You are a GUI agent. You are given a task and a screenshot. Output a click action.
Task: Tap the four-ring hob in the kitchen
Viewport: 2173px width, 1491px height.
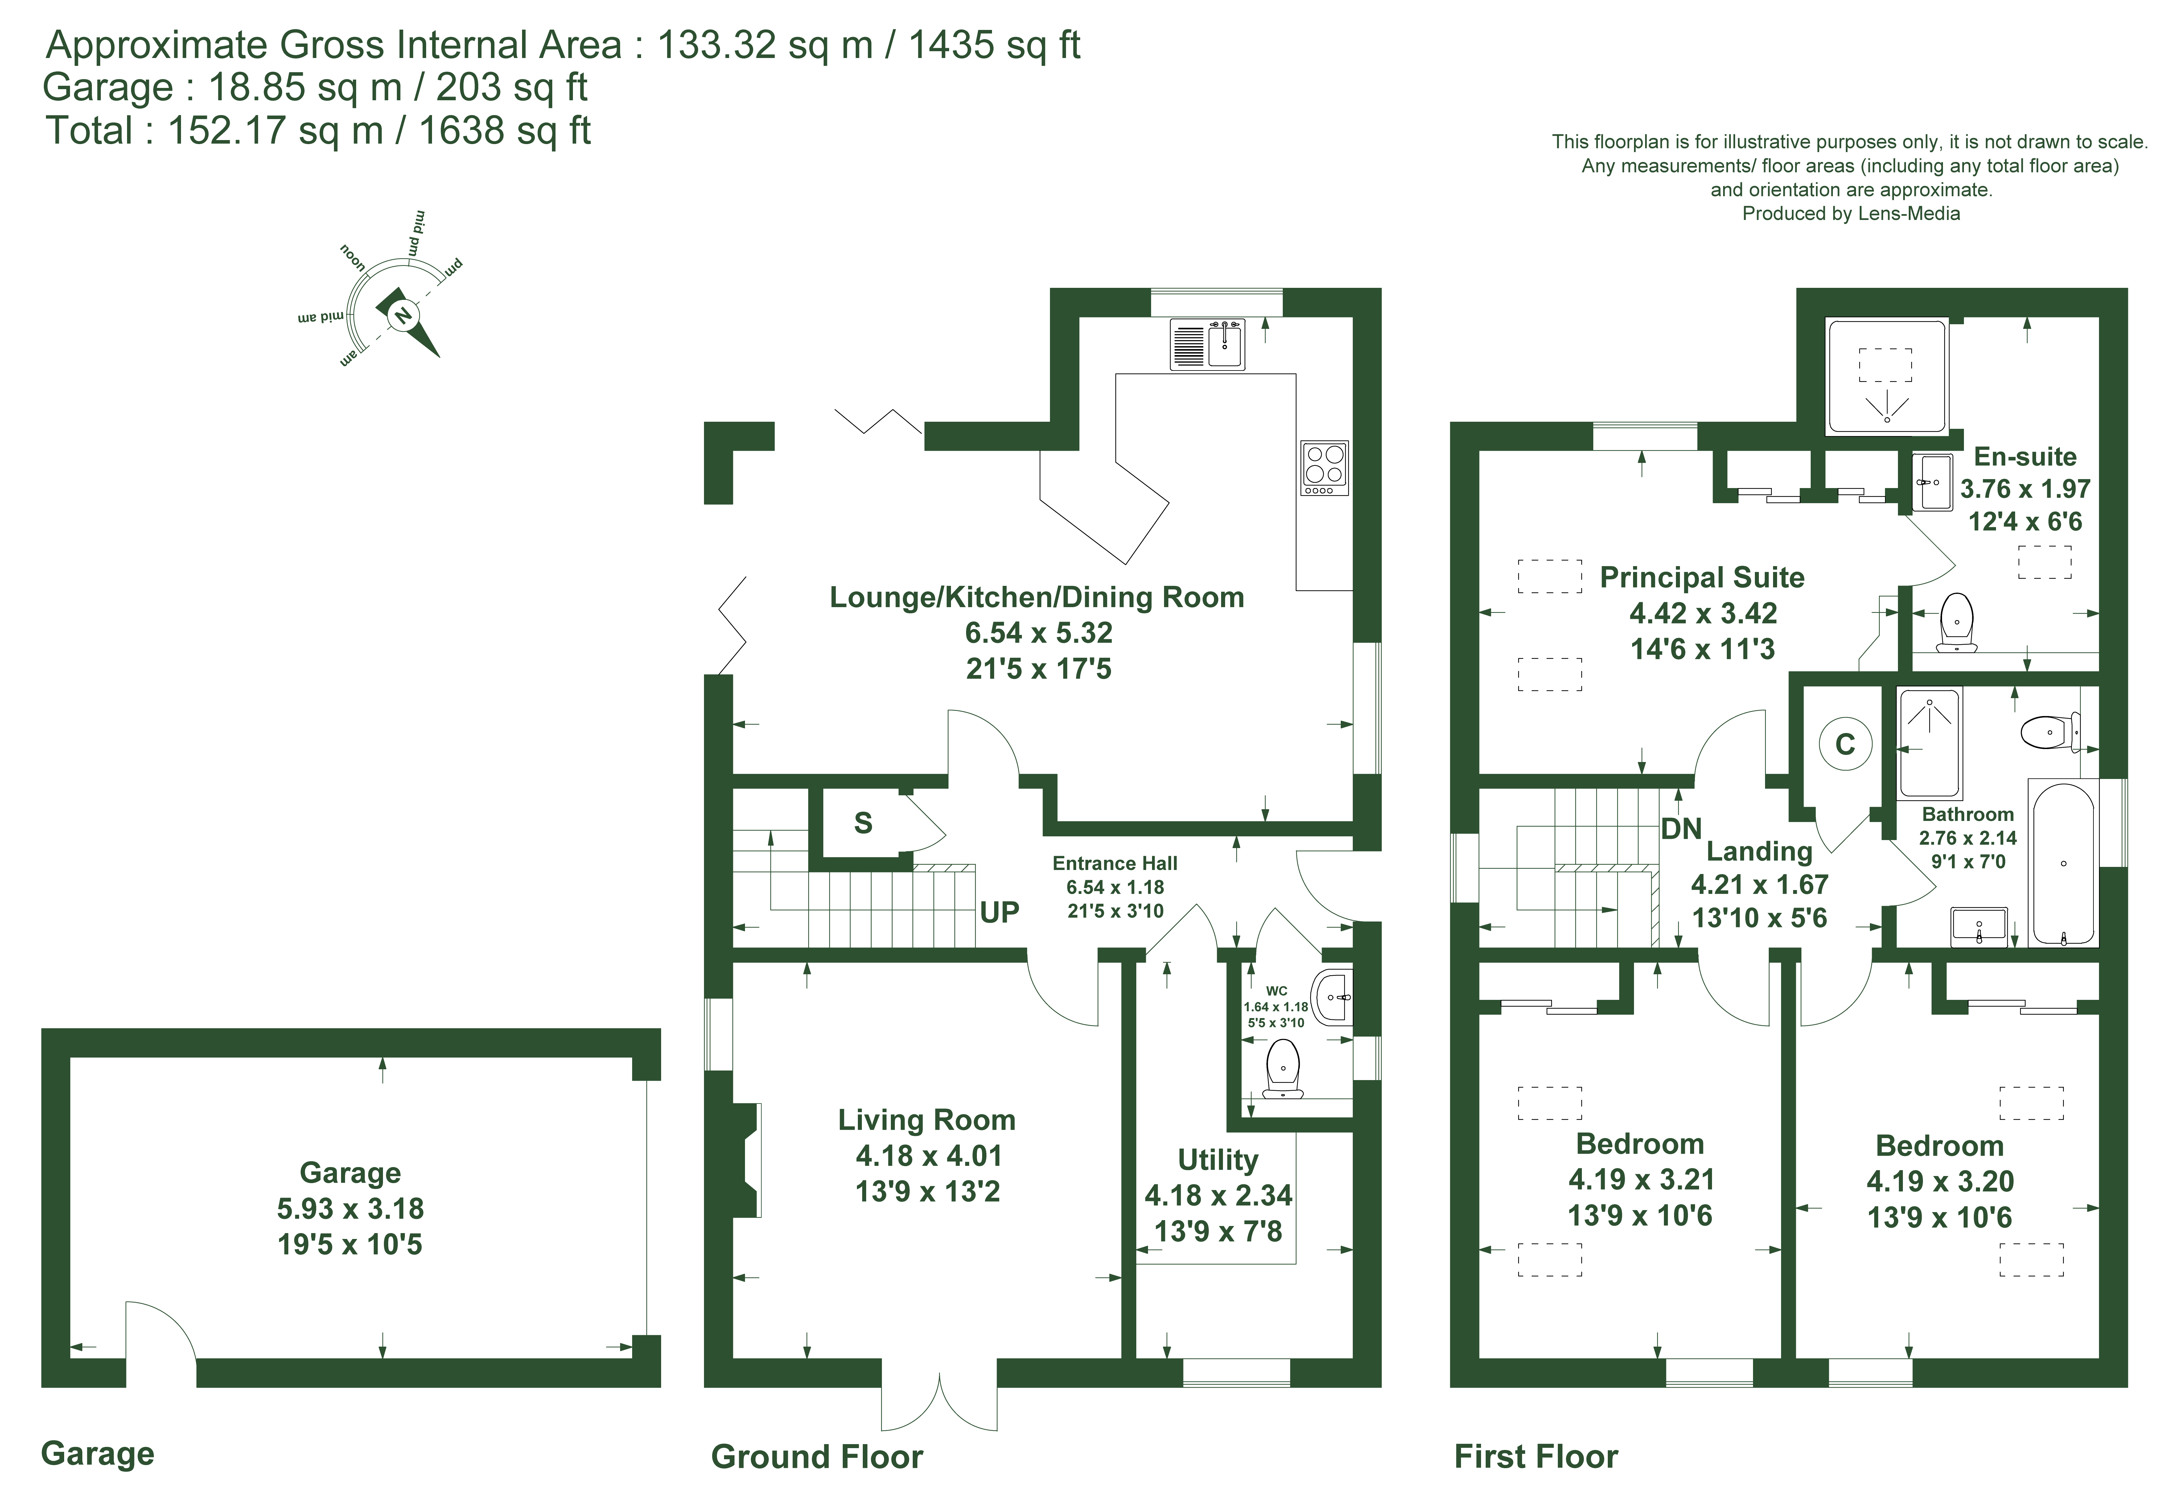pos(1324,468)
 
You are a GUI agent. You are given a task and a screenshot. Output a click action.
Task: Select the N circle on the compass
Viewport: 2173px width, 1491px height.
pos(402,316)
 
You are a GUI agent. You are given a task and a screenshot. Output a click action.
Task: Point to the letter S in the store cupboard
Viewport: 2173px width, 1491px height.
pos(863,823)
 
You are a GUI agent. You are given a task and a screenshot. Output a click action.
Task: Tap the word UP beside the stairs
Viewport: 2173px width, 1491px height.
pos(999,912)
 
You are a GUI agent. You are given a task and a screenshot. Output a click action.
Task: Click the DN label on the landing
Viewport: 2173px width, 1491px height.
pos(1680,829)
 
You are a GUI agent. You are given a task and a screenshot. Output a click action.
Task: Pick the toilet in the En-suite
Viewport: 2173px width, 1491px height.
pos(1956,622)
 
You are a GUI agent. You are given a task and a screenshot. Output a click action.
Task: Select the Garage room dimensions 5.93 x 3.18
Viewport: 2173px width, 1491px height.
pos(350,1208)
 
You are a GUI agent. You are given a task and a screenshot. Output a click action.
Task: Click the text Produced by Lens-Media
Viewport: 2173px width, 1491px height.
pos(1850,213)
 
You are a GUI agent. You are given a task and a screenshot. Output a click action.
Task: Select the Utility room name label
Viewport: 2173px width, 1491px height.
pos(1217,1160)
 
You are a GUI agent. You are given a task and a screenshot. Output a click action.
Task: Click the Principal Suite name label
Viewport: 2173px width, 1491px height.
pos(1702,577)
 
